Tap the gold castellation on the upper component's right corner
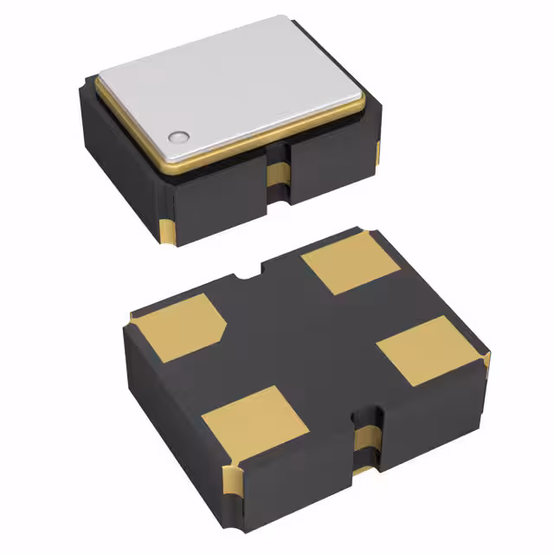pyautogui.click(x=377, y=154)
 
